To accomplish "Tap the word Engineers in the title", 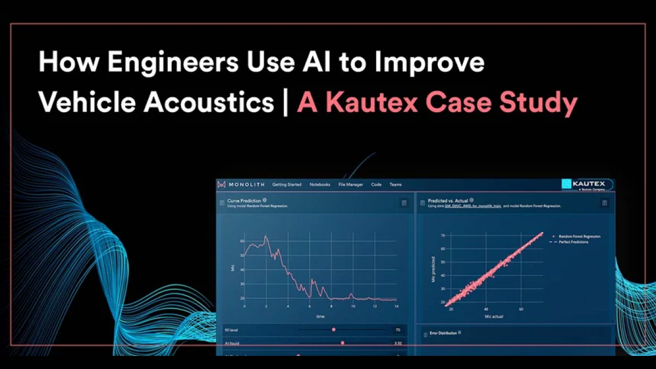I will (172, 63).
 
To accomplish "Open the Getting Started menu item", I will (287, 185).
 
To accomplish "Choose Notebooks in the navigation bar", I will (320, 185).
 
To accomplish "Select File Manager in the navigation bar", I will (350, 185).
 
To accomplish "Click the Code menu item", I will (376, 185).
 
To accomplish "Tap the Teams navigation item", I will (395, 185).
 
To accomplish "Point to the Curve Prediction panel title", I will (244, 201).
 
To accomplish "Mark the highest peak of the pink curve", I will (266, 237).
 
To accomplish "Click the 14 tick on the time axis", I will (396, 307).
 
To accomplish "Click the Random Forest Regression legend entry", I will (579, 237).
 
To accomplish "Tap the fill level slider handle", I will (333, 330).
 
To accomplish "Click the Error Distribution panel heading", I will (443, 332).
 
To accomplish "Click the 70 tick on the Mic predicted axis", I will (443, 235).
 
